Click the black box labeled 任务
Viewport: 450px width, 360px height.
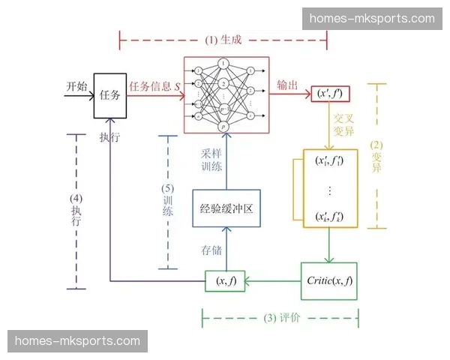tap(109, 95)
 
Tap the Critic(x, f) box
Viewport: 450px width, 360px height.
tap(328, 282)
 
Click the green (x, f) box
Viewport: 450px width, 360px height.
tap(226, 282)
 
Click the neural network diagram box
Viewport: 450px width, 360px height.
tap(225, 94)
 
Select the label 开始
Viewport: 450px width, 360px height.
tap(76, 85)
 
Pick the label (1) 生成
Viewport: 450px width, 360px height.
tap(224, 40)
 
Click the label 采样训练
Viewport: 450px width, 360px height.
tap(211, 160)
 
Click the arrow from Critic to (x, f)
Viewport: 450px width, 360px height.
tap(273, 282)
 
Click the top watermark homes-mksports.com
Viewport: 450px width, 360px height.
tap(377, 18)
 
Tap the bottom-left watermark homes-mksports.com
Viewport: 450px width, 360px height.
tap(77, 341)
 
